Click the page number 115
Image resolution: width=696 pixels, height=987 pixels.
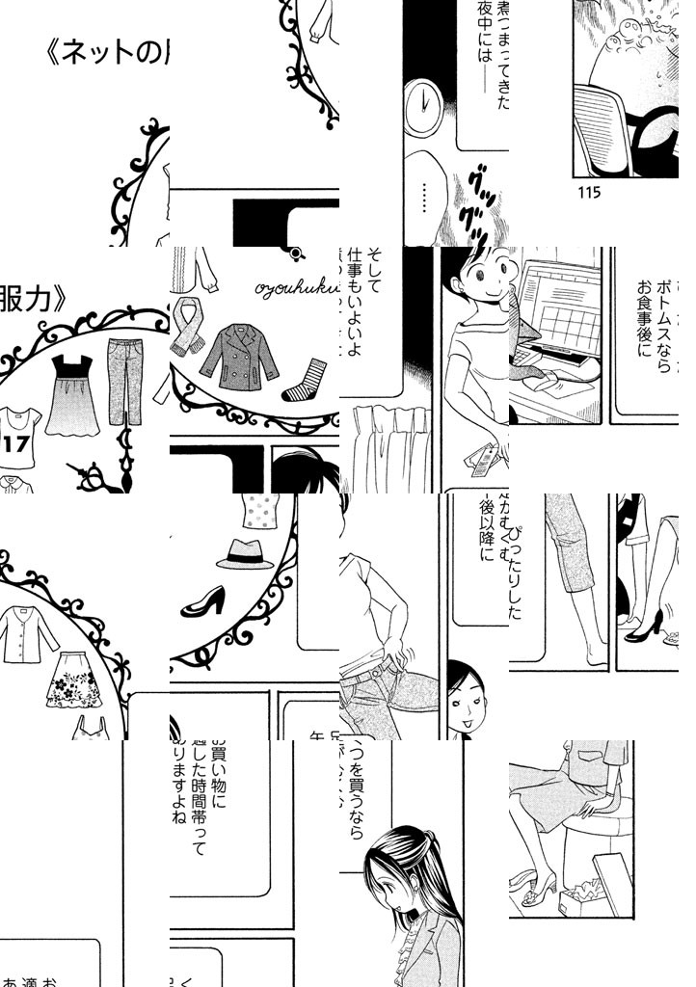click(589, 192)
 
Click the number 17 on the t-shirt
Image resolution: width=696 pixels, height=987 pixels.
click(16, 443)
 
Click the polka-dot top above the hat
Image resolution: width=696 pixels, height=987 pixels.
click(253, 511)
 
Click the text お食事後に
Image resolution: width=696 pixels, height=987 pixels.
click(645, 328)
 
